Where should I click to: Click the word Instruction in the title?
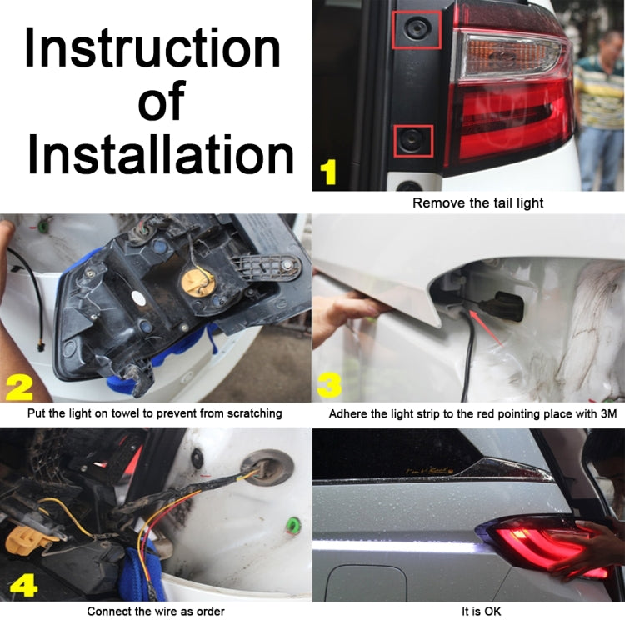(152, 48)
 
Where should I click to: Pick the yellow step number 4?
(22, 586)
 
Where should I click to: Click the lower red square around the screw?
(414, 140)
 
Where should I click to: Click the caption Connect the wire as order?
(156, 612)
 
